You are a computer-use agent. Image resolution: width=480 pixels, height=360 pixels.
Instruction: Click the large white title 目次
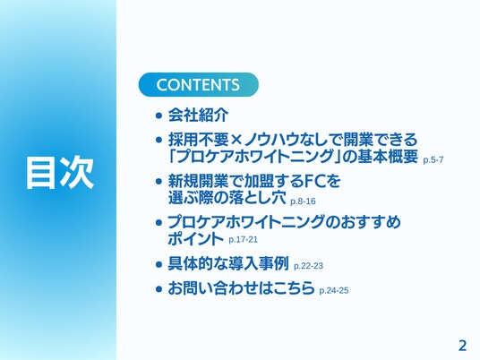pyautogui.click(x=60, y=172)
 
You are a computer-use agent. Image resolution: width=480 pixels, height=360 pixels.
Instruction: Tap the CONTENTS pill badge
pyautogui.click(x=199, y=84)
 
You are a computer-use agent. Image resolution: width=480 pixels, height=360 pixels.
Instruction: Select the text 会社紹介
pyautogui.click(x=198, y=116)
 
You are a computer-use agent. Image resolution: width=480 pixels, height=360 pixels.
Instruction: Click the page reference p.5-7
pyautogui.click(x=433, y=160)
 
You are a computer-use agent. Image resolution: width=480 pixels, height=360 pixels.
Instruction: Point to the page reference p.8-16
pyautogui.click(x=303, y=201)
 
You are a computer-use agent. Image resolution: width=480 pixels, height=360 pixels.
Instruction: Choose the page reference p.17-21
pyautogui.click(x=243, y=239)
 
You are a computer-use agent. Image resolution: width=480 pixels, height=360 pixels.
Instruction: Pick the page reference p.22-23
pyautogui.click(x=308, y=266)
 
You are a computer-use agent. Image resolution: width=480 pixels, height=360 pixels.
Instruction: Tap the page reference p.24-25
pyautogui.click(x=334, y=290)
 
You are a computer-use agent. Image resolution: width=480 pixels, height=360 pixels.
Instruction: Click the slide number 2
pyautogui.click(x=462, y=346)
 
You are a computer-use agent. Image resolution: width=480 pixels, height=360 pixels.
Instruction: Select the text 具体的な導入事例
pyautogui.click(x=228, y=263)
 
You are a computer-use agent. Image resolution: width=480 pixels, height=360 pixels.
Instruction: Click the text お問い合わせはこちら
pyautogui.click(x=241, y=287)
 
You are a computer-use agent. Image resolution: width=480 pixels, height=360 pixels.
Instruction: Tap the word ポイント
pyautogui.click(x=196, y=238)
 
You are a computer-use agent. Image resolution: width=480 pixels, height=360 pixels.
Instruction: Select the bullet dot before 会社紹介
pyautogui.click(x=159, y=116)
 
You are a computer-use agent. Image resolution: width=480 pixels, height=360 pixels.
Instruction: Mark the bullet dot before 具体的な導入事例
pyautogui.click(x=159, y=264)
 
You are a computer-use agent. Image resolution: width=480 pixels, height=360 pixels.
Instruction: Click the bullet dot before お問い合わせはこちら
pyautogui.click(x=159, y=288)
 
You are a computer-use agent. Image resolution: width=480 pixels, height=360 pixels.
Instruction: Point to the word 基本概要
pyautogui.click(x=388, y=156)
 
